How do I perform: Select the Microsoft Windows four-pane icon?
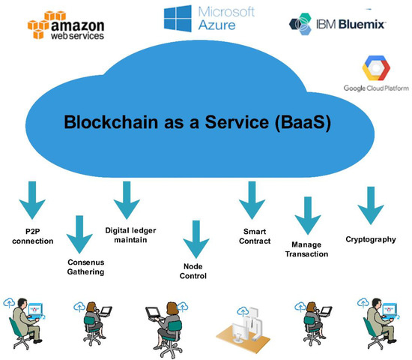[x=176, y=19]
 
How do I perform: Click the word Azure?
[x=217, y=25]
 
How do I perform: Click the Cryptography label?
[x=371, y=239]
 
